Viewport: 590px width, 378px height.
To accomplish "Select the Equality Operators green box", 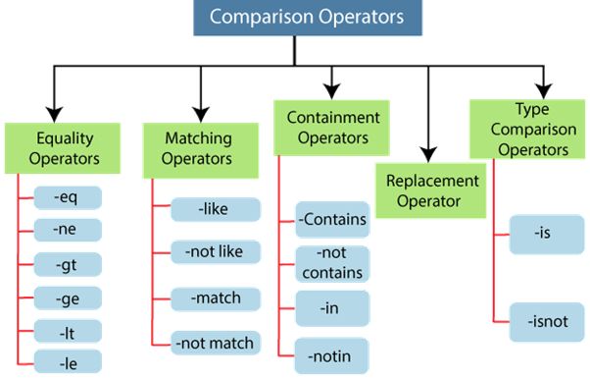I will (x=64, y=147).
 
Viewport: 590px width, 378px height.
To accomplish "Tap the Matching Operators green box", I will (x=196, y=147).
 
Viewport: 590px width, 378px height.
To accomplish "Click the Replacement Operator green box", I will (x=432, y=190).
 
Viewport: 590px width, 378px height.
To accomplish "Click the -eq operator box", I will (x=68, y=196).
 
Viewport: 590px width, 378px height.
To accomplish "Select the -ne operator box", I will (x=68, y=230).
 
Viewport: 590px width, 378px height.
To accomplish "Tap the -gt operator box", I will (x=68, y=263).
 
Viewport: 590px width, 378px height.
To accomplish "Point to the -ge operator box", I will (x=68, y=297).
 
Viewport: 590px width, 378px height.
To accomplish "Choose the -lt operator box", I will (x=68, y=330).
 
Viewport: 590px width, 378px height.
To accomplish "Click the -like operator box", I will (x=215, y=209).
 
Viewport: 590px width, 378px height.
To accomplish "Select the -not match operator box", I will (x=215, y=343).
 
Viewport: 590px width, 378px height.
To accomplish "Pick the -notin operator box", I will (x=332, y=354).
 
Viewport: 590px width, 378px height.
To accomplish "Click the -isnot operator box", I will (x=546, y=321).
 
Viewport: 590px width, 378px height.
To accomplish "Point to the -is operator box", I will (x=546, y=235).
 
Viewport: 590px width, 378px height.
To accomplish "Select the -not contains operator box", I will (x=332, y=263).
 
